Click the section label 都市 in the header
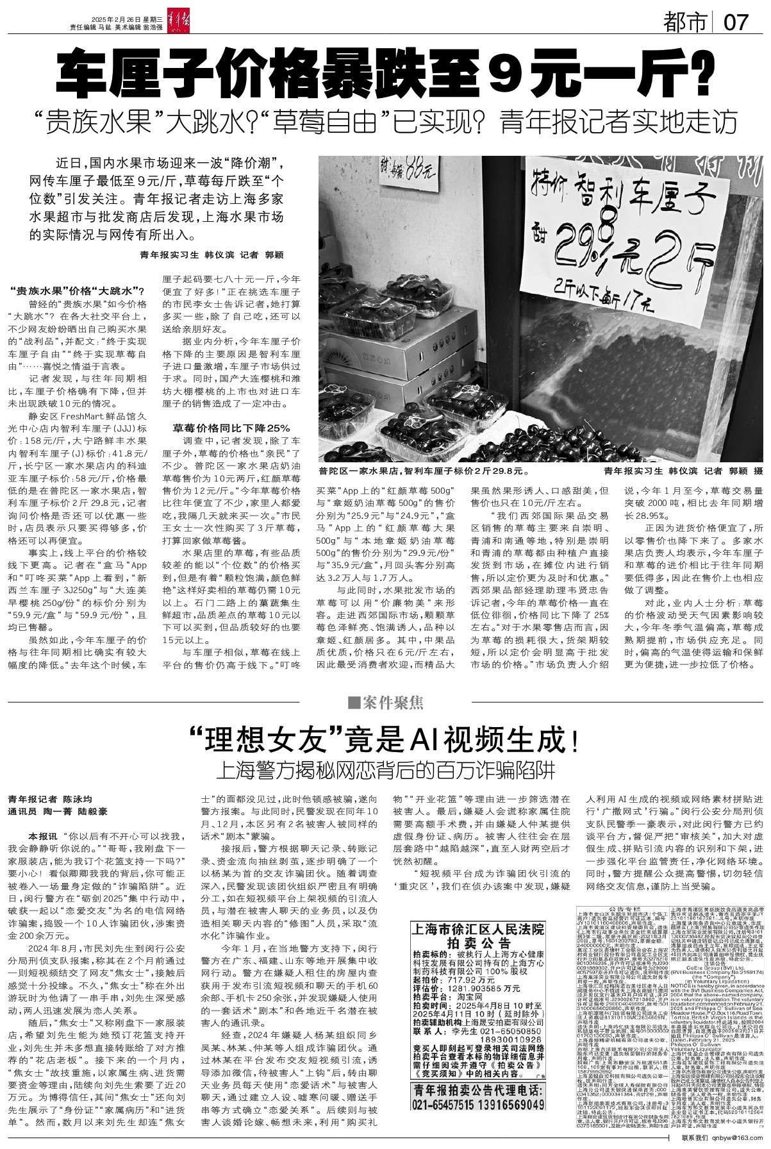(x=688, y=23)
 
